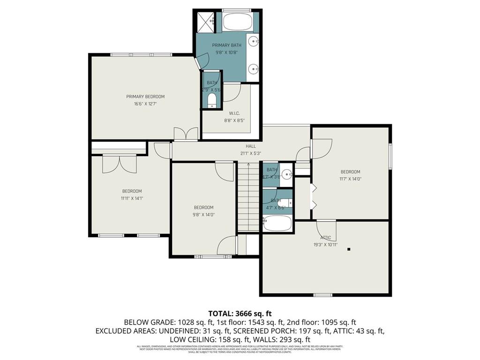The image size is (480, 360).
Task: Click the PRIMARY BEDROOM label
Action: pos(145,97)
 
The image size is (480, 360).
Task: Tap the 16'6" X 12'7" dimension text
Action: pos(145,104)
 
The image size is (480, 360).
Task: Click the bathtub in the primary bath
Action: pos(237,22)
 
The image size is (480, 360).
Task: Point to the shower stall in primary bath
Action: pos(205,22)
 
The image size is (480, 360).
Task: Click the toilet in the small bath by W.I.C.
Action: pos(212,100)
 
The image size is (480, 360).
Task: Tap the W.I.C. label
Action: pos(234,113)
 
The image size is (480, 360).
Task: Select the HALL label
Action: pos(251,146)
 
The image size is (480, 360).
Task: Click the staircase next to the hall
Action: pos(248,197)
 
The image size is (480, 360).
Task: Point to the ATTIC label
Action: pos(325,238)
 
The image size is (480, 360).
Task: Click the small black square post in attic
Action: pos(349,249)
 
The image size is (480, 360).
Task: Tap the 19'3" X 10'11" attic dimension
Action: pos(325,244)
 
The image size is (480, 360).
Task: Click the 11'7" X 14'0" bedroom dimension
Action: pos(350,179)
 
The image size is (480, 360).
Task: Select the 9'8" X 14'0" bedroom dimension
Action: pos(203,215)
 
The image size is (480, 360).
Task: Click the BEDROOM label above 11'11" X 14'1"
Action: pos(132,191)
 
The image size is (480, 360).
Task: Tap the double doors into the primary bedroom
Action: pos(186,134)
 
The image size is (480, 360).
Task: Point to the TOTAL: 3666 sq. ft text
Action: pos(240,313)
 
